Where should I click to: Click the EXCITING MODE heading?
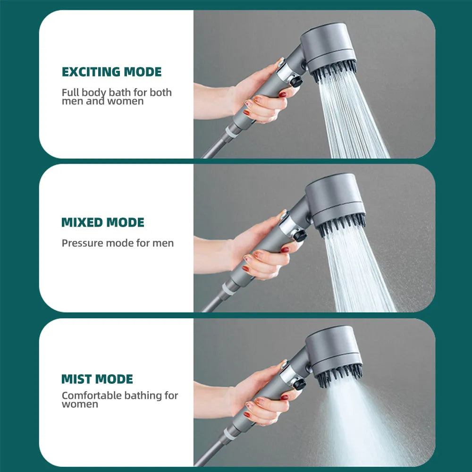pos(111,72)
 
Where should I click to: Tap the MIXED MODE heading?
pos(103,222)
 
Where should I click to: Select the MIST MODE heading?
pos(97,379)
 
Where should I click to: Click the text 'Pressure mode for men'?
pos(118,244)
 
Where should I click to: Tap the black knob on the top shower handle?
pos(296,81)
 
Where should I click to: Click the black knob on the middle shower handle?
pos(299,235)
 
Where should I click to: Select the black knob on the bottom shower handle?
pos(299,383)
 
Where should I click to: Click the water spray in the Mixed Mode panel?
pos(361,274)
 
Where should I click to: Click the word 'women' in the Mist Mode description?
pos(80,405)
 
